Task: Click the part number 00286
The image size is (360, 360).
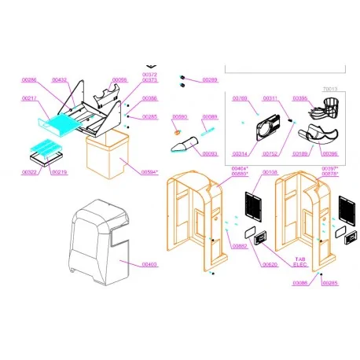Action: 29,80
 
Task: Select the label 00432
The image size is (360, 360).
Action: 60,80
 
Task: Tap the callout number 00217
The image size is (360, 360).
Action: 29,97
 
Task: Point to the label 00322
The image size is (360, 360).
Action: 29,171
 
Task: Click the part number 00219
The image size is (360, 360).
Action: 59,171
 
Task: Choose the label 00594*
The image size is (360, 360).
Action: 150,171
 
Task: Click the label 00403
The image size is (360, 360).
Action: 148,265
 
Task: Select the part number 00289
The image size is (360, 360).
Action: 210,80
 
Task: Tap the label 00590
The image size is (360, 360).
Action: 179,117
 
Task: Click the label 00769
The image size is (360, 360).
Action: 240,98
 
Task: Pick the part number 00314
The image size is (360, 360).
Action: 240,153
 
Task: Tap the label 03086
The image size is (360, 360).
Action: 300,282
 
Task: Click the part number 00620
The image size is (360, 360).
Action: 270,265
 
